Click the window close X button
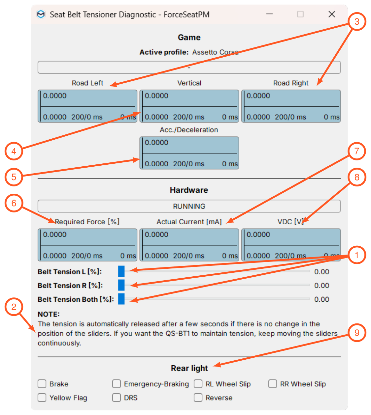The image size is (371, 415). (332, 14)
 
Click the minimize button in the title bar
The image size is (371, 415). (269, 14)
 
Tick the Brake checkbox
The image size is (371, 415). (42, 384)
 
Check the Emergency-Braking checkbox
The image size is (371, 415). (117, 384)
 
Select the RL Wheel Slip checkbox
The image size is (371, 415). (198, 384)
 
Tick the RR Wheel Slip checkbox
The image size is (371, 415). (272, 384)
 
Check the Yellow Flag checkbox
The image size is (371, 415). (42, 398)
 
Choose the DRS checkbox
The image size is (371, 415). (117, 398)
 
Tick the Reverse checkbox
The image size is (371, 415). (198, 398)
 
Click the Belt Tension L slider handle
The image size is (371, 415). (121, 271)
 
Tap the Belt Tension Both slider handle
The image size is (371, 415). (121, 299)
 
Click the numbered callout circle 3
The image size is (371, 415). (357, 21)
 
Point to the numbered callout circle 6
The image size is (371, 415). (14, 203)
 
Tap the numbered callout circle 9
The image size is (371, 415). (357, 333)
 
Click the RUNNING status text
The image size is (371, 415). (189, 206)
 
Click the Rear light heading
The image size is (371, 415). (189, 368)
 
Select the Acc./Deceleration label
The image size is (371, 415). (189, 130)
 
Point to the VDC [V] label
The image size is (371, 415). (290, 222)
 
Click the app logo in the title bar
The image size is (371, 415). (41, 14)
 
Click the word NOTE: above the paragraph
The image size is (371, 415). (49, 314)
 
